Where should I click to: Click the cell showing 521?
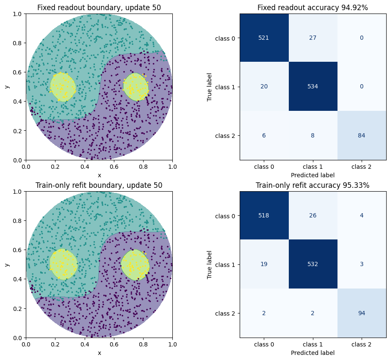click(x=264, y=38)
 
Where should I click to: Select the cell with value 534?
click(x=313, y=86)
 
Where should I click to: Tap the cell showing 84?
click(x=362, y=135)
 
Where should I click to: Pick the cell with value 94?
click(x=362, y=313)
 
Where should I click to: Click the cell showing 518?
click(x=264, y=215)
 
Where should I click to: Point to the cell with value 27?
click(x=313, y=38)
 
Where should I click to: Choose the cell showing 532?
click(x=313, y=264)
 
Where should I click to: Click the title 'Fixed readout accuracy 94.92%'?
click(x=313, y=8)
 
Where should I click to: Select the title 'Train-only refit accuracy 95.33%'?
click(x=313, y=185)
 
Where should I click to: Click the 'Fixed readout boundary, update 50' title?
click(x=99, y=8)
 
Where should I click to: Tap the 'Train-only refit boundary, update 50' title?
click(x=99, y=185)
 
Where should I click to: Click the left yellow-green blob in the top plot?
click(x=63, y=87)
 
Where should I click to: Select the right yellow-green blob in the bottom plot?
click(x=136, y=265)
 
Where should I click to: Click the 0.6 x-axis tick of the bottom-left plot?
click(x=114, y=344)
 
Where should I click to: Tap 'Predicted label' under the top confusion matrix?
click(x=313, y=175)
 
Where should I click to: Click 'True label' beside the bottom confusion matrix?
click(x=209, y=264)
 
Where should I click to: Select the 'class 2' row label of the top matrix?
click(x=225, y=136)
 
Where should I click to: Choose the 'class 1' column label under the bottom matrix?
click(x=313, y=344)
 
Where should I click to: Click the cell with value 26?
click(x=313, y=215)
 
